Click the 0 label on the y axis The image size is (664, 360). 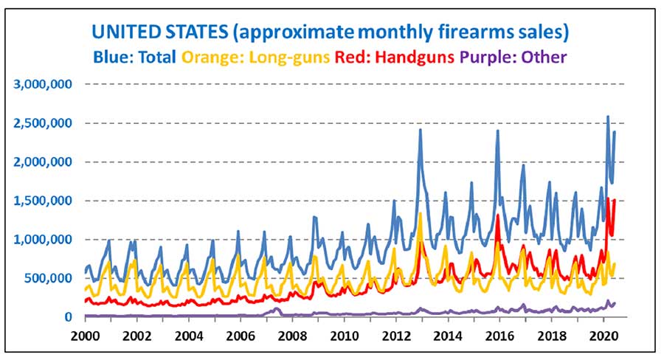pyautogui.click(x=68, y=317)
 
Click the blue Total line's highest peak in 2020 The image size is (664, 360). pyautogui.click(x=607, y=117)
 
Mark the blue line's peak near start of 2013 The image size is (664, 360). pyautogui.click(x=420, y=130)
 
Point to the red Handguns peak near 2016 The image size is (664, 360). pyautogui.click(x=498, y=215)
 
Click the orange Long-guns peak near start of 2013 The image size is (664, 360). pyautogui.click(x=420, y=214)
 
